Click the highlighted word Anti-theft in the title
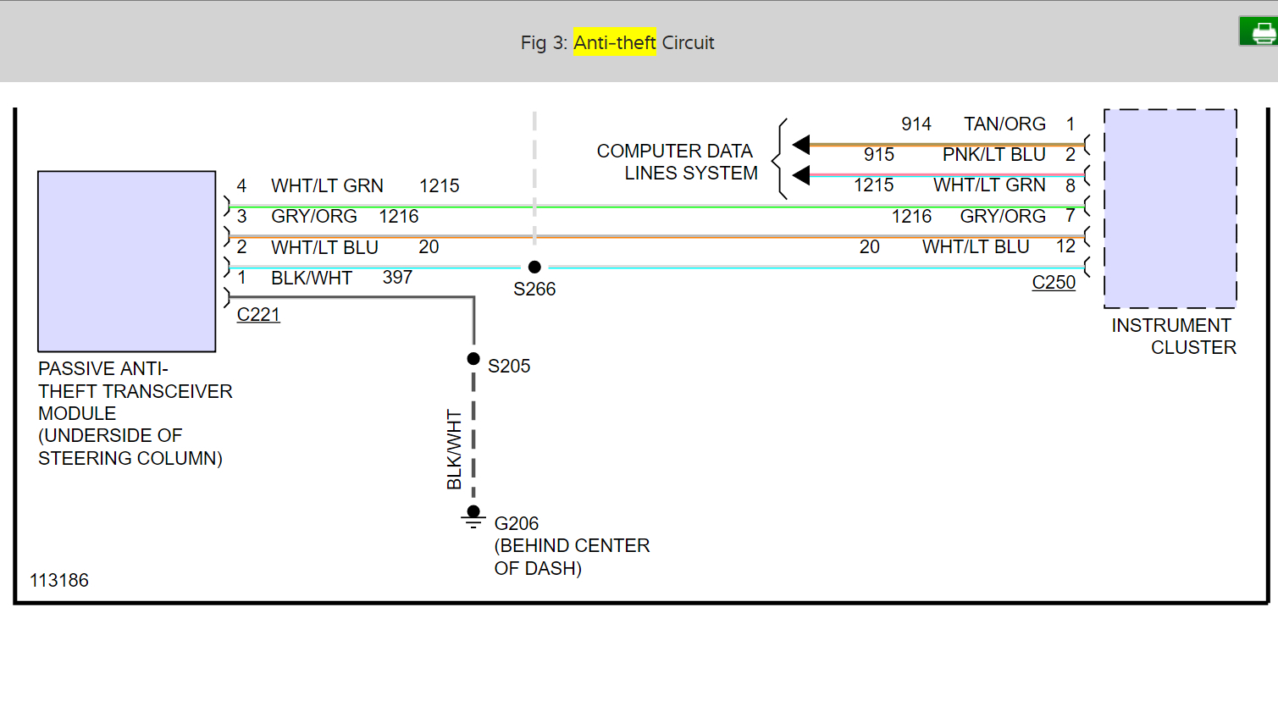point(615,42)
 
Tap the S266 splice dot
point(534,267)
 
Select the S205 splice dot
point(473,359)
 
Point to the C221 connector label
point(258,315)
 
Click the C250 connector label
point(1054,283)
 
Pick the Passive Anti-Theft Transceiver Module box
point(127,261)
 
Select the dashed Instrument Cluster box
point(1170,208)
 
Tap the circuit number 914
point(916,124)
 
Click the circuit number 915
point(879,155)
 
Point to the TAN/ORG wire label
point(1004,124)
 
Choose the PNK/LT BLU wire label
point(993,155)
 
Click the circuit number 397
point(397,278)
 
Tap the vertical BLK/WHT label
point(454,450)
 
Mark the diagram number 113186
point(59,581)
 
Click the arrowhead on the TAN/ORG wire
point(801,145)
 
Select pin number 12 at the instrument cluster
point(1065,246)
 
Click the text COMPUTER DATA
point(674,152)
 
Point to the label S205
point(509,367)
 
